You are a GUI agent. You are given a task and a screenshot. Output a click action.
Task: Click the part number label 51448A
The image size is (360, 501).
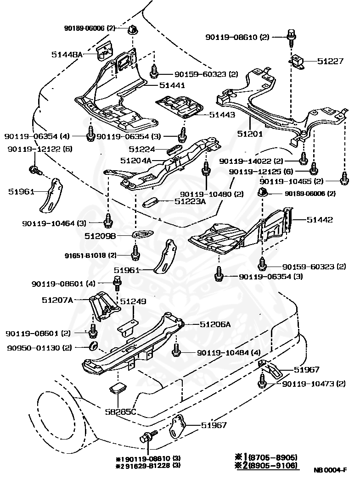[67, 55]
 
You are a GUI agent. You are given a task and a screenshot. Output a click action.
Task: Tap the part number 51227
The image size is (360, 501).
[328, 61]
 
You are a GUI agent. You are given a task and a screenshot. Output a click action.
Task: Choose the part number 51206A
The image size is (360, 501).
[215, 324]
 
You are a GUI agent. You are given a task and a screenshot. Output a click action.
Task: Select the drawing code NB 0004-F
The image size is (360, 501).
[330, 470]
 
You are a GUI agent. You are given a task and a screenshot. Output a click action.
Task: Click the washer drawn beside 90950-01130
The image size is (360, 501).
[92, 345]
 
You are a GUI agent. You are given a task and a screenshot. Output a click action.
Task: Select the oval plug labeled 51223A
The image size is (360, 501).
[152, 201]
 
